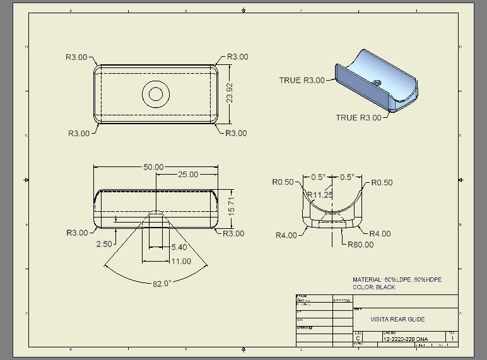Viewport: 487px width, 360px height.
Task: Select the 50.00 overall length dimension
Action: point(153,167)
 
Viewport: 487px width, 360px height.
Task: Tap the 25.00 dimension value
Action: point(187,175)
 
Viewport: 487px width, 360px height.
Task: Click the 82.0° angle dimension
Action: point(161,283)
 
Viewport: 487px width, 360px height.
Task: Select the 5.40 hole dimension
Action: point(179,248)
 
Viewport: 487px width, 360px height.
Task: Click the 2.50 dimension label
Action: point(104,243)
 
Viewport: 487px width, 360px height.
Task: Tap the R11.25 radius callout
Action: point(320,195)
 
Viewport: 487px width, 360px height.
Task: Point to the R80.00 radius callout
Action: point(360,245)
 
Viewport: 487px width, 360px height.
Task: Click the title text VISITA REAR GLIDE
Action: point(397,320)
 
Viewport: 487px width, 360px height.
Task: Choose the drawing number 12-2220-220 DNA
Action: point(405,339)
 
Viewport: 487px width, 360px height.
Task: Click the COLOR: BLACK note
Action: point(374,287)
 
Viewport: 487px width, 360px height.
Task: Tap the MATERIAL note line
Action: point(397,279)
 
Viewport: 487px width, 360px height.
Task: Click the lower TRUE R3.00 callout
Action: point(358,117)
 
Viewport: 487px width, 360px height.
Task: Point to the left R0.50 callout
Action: point(283,182)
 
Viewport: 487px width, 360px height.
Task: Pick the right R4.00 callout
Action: point(380,233)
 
